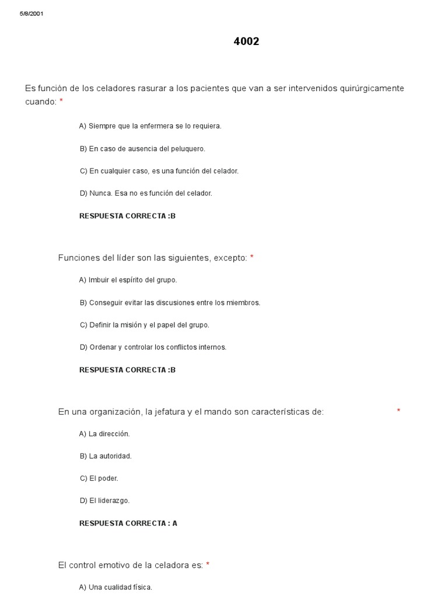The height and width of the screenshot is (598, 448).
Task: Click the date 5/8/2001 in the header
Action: tap(32, 13)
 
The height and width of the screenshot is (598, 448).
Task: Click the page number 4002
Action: tap(246, 41)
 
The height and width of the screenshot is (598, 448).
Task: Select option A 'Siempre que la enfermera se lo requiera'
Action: tap(150, 126)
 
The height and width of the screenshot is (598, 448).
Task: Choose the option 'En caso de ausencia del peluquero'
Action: tap(142, 149)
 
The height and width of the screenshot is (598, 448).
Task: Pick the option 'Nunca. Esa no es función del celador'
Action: tap(146, 193)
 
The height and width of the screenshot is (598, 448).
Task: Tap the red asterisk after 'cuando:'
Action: tap(61, 102)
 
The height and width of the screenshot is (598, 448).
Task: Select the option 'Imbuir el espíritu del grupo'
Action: tap(128, 280)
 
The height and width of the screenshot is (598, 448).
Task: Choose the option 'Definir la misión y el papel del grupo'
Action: tap(144, 325)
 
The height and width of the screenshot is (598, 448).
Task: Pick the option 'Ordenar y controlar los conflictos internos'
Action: tap(153, 347)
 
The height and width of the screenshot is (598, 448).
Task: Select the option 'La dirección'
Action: tap(104, 434)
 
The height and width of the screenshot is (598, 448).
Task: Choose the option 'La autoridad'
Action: tap(106, 456)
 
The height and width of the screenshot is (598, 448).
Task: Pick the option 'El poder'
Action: tap(99, 478)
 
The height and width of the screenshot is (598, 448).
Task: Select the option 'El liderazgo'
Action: tap(104, 500)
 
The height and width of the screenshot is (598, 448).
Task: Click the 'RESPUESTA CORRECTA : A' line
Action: tap(128, 523)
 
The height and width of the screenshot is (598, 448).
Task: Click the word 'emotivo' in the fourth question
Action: tap(121, 565)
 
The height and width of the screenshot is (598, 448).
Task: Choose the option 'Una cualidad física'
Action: tap(116, 587)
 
